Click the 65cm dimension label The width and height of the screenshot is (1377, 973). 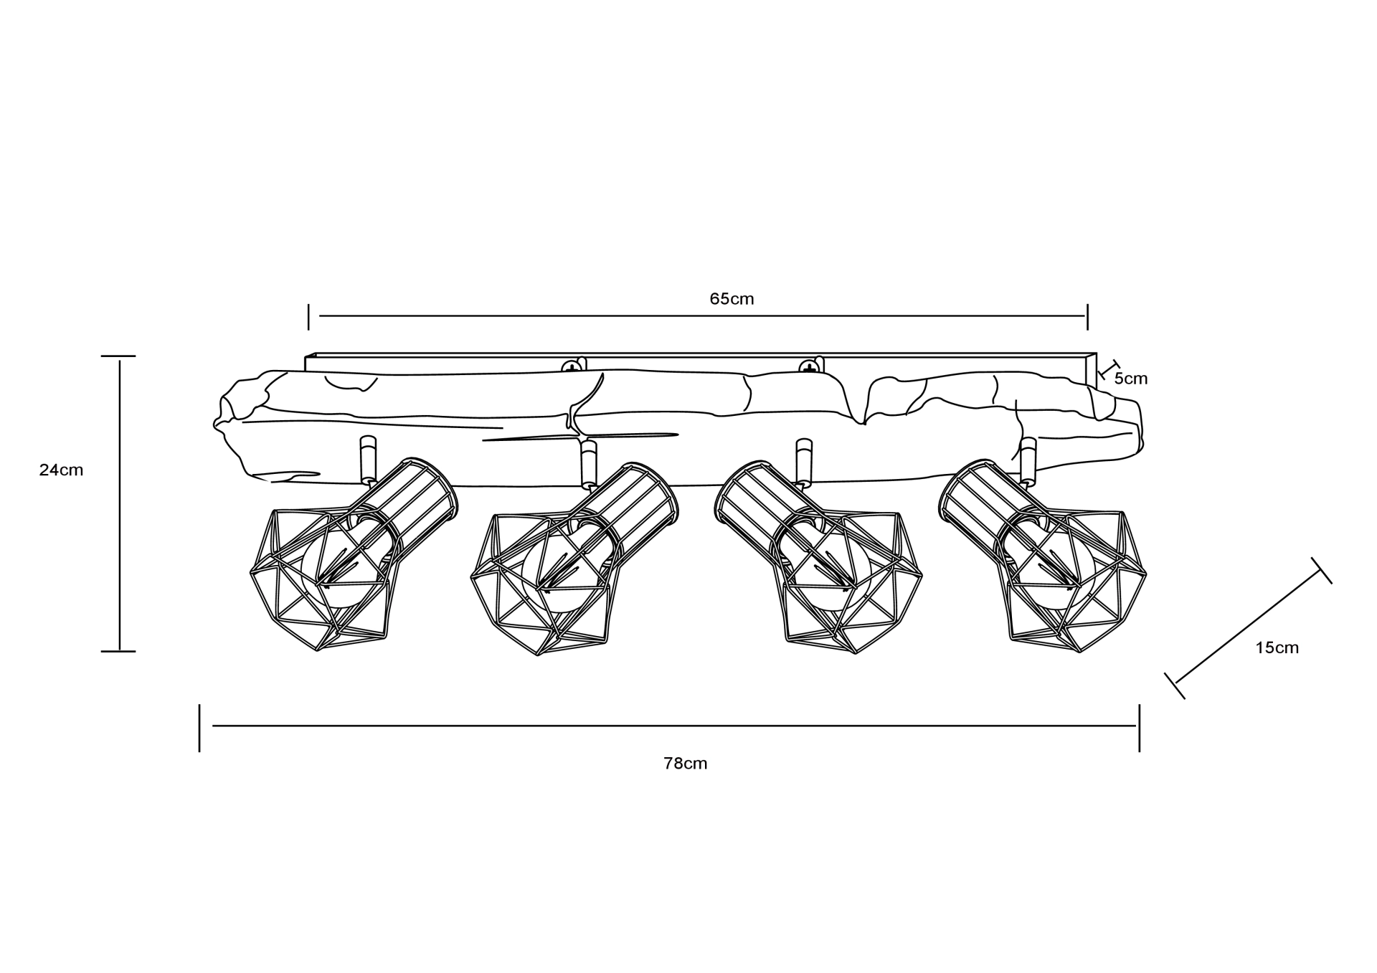[x=732, y=299]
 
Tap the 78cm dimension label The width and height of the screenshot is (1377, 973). [x=686, y=764]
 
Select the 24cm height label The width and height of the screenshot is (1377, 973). [x=62, y=470]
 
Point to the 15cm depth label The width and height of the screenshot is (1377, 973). [x=1277, y=648]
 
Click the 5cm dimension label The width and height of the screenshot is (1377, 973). [x=1131, y=379]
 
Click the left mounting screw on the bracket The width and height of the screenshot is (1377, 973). [x=572, y=366]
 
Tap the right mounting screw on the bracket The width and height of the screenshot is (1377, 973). [x=809, y=366]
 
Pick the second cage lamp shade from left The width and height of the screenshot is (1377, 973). [x=574, y=559]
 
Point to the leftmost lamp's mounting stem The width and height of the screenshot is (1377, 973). [x=368, y=460]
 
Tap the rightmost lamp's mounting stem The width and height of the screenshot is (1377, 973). [x=1028, y=461]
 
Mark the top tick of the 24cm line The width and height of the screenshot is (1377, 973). [x=118, y=356]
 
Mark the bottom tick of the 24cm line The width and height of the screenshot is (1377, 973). [x=118, y=651]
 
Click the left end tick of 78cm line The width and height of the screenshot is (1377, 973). [x=199, y=728]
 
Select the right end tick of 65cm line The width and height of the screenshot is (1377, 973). [x=1087, y=317]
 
